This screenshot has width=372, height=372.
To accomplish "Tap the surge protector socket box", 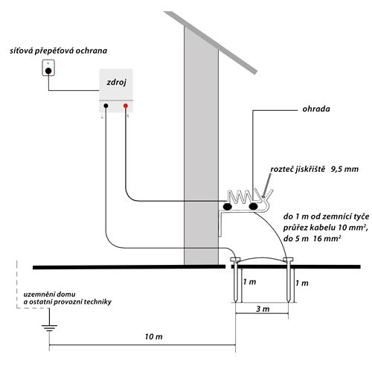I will pos(48,69).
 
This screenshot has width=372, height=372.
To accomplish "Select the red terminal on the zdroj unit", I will pos(126,106).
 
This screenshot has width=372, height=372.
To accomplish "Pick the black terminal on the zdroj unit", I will pos(106,106).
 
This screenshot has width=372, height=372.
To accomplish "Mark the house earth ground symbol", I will pos(49,325).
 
